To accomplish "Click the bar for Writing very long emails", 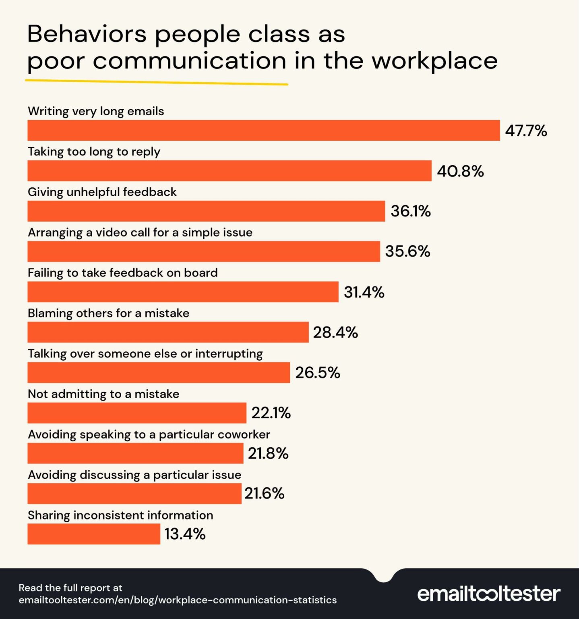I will click(263, 131).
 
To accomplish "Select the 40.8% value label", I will click(460, 171).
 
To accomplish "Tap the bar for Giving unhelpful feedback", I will click(206, 211).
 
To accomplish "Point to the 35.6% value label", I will click(407, 251).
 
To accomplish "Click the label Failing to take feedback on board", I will click(122, 273).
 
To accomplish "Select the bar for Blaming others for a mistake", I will click(168, 332).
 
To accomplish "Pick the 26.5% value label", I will click(317, 373).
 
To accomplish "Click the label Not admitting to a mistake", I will click(103, 394).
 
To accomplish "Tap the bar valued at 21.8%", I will click(135, 453).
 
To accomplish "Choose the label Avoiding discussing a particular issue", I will click(134, 475).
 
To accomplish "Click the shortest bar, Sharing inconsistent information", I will click(94, 534).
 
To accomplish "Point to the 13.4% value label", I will click(185, 534).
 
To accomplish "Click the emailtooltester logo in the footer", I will click(488, 594).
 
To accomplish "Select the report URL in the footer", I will click(178, 600).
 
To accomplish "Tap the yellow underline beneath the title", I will click(156, 82).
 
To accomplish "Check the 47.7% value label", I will click(526, 131).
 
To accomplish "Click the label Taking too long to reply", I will click(94, 152).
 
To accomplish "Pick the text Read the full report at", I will click(70, 588).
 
